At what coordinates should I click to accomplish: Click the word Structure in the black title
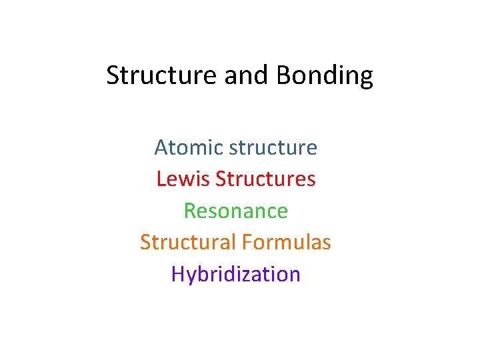pyautogui.click(x=162, y=75)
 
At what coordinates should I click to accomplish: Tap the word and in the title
pyautogui.click(x=245, y=75)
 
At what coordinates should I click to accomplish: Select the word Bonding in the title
pyautogui.click(x=325, y=77)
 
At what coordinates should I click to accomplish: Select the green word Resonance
pyautogui.click(x=236, y=211)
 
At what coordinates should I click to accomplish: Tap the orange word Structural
pyautogui.click(x=187, y=242)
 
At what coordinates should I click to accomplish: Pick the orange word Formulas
pyautogui.click(x=286, y=242)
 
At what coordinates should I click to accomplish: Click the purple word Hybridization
pyautogui.click(x=236, y=275)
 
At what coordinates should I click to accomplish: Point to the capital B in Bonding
pyautogui.click(x=283, y=75)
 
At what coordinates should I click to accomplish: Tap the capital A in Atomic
pyautogui.click(x=161, y=147)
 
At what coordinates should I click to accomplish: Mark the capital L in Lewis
pyautogui.click(x=161, y=179)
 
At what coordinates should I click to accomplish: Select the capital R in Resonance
pyautogui.click(x=190, y=211)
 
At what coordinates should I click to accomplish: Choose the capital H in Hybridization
pyautogui.click(x=177, y=274)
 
